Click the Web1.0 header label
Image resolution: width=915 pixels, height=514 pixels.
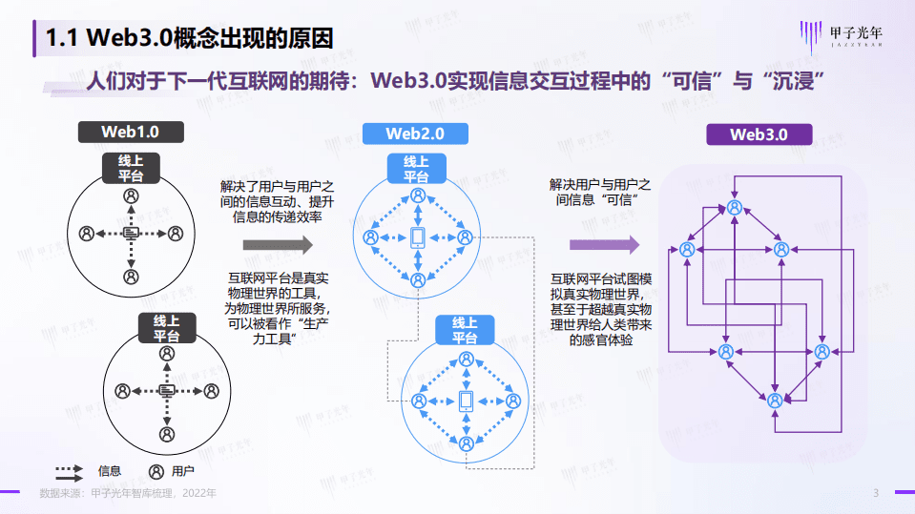[131, 131]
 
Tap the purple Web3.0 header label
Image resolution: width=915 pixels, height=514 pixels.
[759, 134]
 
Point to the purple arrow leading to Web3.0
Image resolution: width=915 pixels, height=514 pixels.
[604, 245]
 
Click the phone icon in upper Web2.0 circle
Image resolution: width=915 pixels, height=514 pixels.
[417, 238]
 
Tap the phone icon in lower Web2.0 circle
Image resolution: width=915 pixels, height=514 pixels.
[466, 401]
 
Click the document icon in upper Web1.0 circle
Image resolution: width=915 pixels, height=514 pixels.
[131, 233]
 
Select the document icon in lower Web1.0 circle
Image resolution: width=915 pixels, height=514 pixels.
[167, 391]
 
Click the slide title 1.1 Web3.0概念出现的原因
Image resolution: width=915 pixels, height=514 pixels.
[191, 37]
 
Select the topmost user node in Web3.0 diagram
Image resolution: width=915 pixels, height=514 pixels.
[734, 207]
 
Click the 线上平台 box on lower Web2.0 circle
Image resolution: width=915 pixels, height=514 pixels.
[465, 331]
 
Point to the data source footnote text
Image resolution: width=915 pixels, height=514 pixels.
[128, 493]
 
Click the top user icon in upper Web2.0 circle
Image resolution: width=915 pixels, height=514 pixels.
[417, 195]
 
